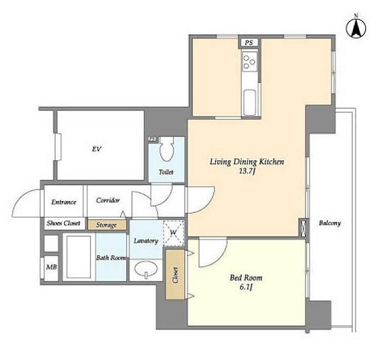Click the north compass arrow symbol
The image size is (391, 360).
(x=356, y=27)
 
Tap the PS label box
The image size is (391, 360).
(x=249, y=42)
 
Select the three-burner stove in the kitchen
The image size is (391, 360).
(x=249, y=62)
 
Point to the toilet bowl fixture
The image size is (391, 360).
(x=166, y=148)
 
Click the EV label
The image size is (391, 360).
(x=97, y=149)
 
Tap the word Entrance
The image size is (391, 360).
(x=64, y=202)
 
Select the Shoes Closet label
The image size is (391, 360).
(x=63, y=223)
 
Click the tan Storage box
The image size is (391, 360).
(x=107, y=225)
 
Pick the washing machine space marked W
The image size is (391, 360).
(x=174, y=233)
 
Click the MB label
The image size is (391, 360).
(x=51, y=267)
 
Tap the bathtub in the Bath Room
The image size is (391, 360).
(x=78, y=257)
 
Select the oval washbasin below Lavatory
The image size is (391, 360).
(x=146, y=270)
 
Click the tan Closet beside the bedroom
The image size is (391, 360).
(x=175, y=275)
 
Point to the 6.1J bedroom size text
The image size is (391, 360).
(x=246, y=287)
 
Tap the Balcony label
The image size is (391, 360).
(x=330, y=223)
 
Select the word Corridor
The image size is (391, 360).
(x=108, y=200)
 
